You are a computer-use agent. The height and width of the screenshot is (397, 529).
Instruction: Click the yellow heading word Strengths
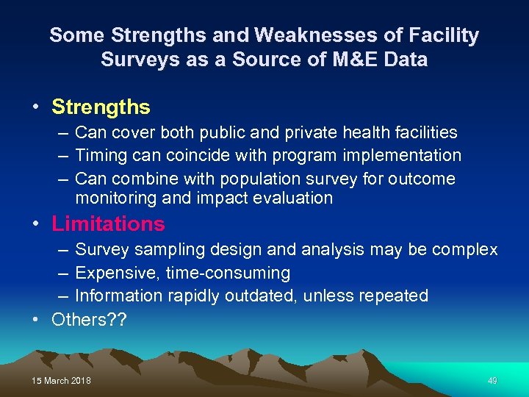(101, 107)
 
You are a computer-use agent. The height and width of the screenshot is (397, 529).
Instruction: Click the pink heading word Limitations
(108, 223)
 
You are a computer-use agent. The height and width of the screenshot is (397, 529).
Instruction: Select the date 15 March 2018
(62, 381)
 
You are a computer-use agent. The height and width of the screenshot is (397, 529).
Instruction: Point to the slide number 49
(492, 381)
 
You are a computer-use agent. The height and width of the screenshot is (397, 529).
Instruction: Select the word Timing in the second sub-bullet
(99, 155)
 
